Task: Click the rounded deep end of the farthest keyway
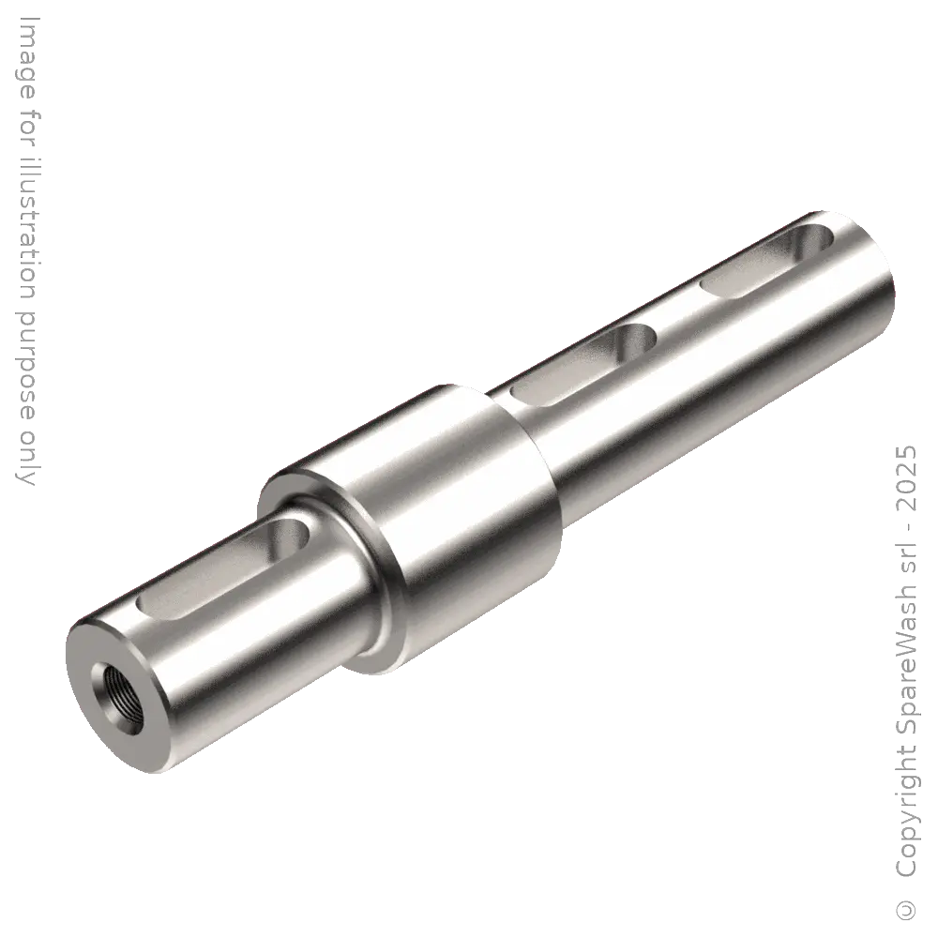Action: [809, 239]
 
